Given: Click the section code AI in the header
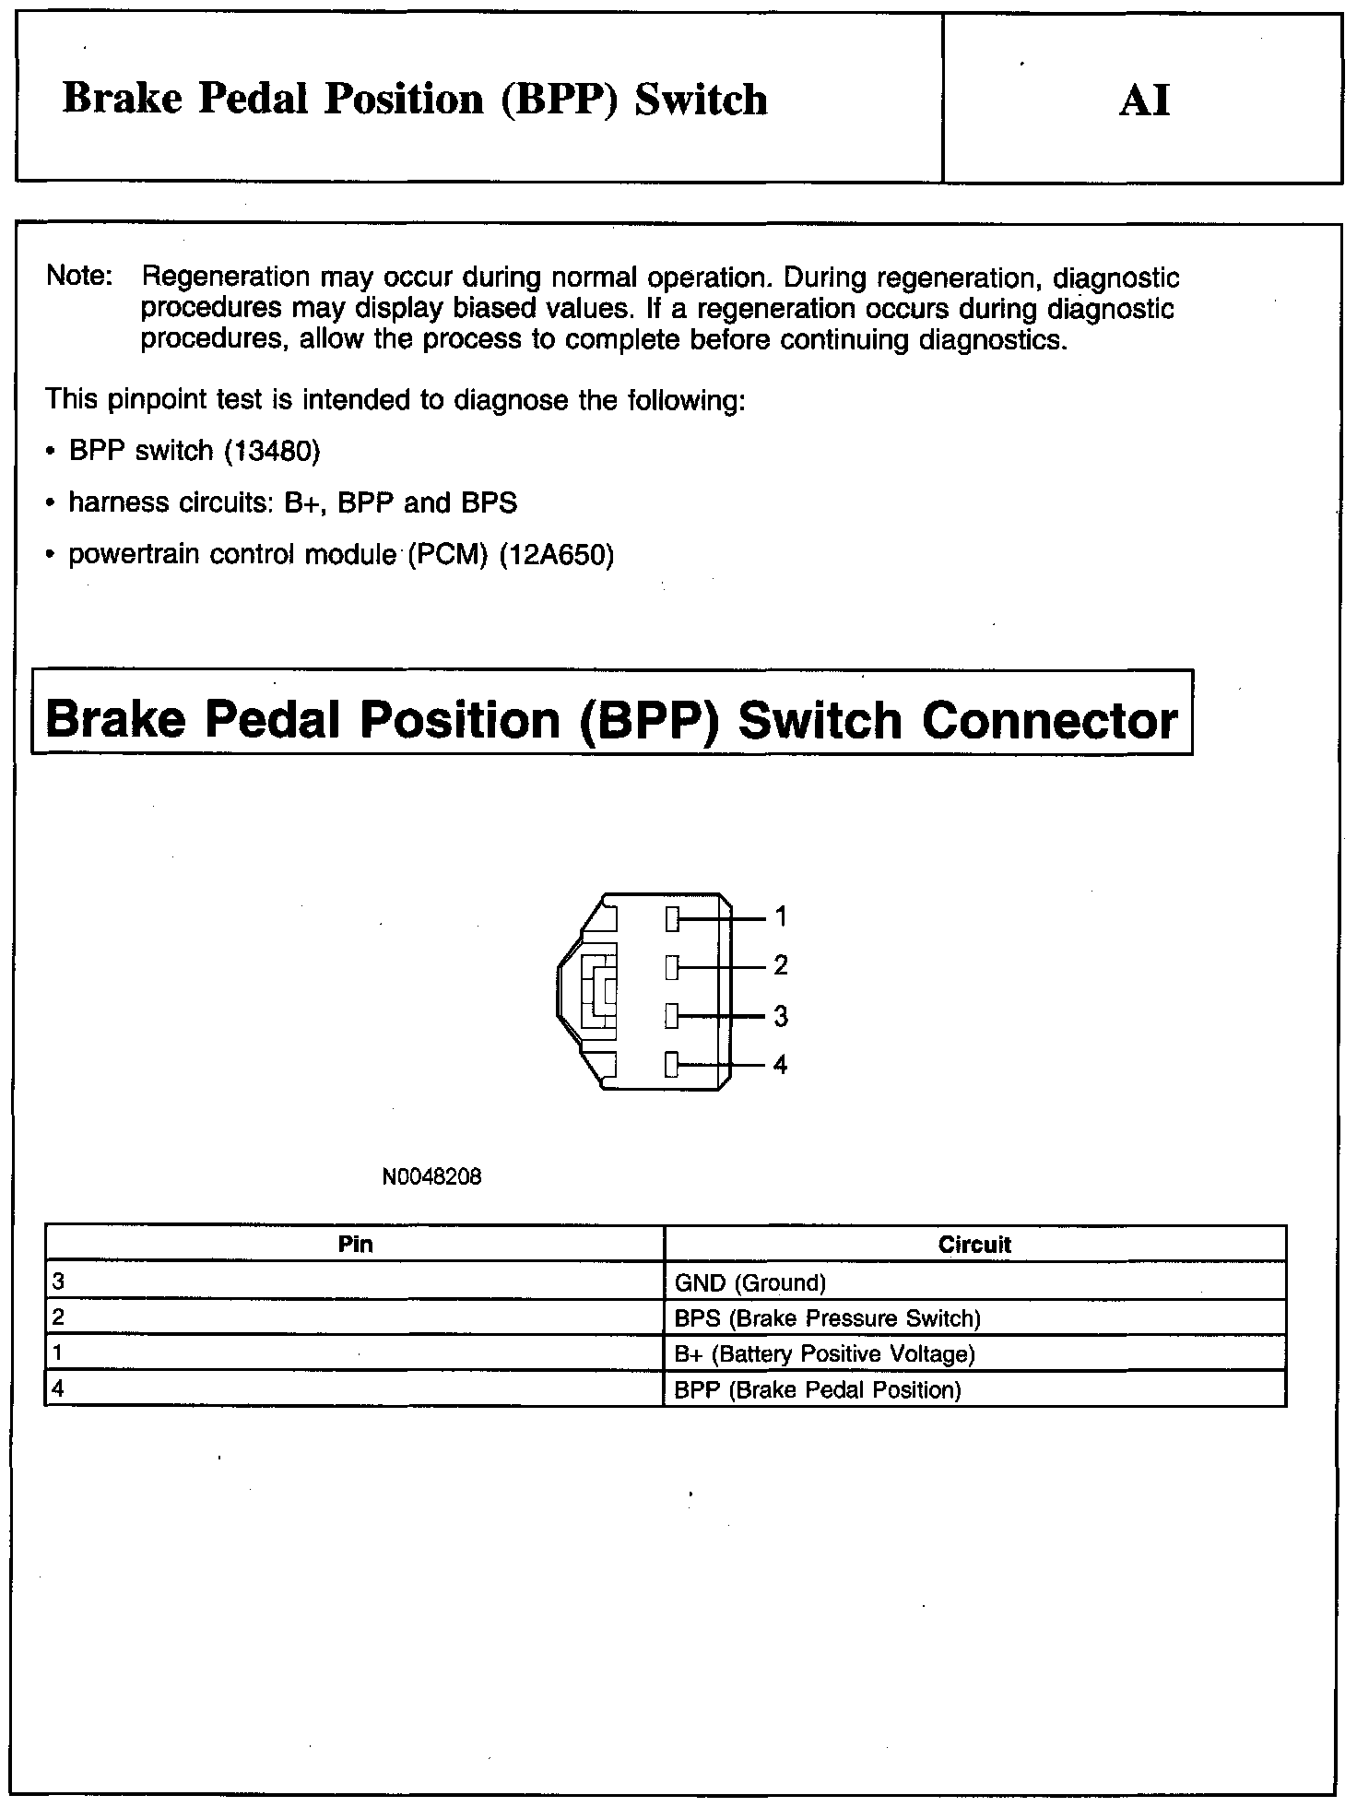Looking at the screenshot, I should point(1144,100).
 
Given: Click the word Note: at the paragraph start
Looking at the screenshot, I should point(79,277).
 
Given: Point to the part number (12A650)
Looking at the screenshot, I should point(556,555).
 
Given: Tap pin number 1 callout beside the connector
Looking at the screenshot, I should point(781,917).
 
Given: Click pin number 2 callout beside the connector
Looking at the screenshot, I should point(781,966).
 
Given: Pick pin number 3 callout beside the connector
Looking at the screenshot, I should point(781,1016).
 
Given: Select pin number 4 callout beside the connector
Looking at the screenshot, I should point(781,1065).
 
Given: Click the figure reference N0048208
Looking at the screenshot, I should point(431,1177).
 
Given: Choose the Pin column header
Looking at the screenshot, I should point(355,1245).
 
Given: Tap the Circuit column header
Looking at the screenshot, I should point(974,1245).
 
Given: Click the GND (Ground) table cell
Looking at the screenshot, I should point(750,1282).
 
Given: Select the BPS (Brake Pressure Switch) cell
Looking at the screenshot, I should point(827,1318).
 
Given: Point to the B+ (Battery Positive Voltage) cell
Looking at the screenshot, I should point(824,1354).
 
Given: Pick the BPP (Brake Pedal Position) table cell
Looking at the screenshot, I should point(818,1390).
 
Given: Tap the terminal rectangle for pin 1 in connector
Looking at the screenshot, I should point(672,918).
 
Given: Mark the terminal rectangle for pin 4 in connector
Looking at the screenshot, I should point(672,1066).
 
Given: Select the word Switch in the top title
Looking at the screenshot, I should point(701,100).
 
